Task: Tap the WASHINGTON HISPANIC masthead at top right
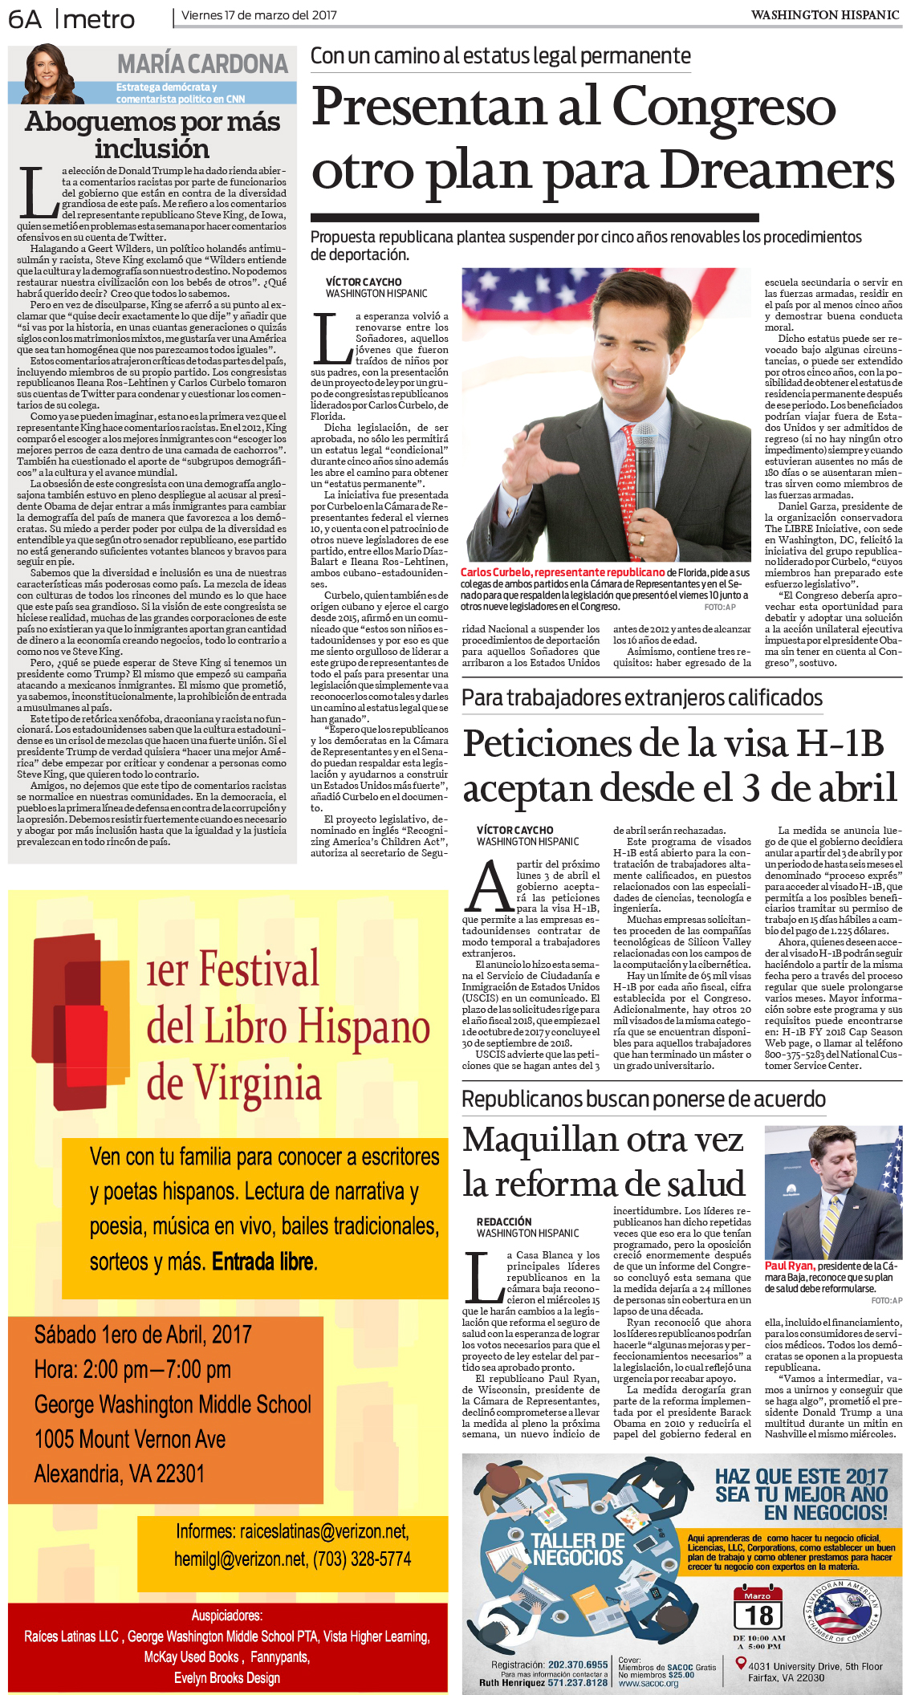(824, 15)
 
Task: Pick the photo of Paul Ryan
(833, 1192)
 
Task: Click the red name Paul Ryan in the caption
(788, 1266)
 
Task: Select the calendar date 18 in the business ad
(758, 1615)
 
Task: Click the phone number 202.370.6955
(578, 1665)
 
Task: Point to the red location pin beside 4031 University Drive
(741, 1664)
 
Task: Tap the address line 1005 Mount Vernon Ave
(130, 1439)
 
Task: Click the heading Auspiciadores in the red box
(227, 1615)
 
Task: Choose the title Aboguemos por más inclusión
(152, 135)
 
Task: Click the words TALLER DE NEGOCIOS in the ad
(578, 1549)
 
